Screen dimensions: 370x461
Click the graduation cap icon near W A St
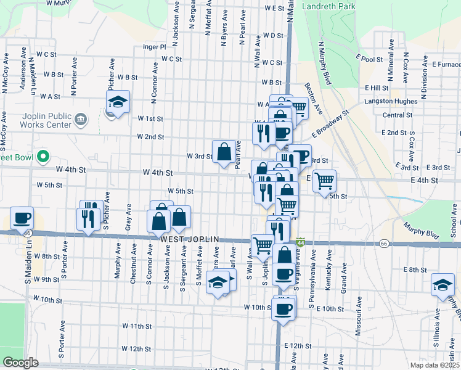tap(117, 101)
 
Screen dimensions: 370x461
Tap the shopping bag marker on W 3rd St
tap(224, 151)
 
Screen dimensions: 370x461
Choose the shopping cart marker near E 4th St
tap(324, 181)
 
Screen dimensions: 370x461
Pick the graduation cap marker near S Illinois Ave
tap(443, 284)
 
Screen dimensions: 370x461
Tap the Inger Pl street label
tap(154, 46)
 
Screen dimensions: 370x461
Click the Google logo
tap(20, 363)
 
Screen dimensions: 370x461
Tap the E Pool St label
tap(369, 59)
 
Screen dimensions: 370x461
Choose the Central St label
tap(397, 115)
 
